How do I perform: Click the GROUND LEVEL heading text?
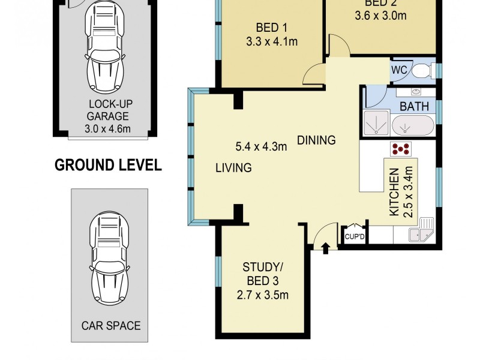tap(108, 166)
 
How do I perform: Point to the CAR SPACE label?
tap(111, 326)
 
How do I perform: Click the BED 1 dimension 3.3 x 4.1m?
tap(272, 41)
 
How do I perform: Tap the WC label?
tap(400, 70)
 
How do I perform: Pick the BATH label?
tap(414, 107)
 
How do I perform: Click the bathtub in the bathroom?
tap(413, 126)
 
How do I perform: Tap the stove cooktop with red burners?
tap(400, 148)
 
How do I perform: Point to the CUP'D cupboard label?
tap(355, 237)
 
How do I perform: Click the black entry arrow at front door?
tap(325, 247)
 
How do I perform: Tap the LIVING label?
tap(233, 168)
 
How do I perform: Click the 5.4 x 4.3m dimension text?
tap(261, 145)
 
